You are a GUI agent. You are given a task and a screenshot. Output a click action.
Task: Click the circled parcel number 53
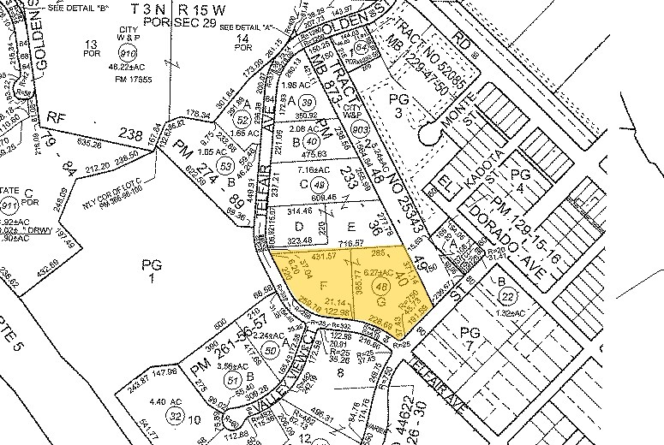(x=226, y=164)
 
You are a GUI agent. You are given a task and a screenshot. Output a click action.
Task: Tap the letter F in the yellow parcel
(x=322, y=283)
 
